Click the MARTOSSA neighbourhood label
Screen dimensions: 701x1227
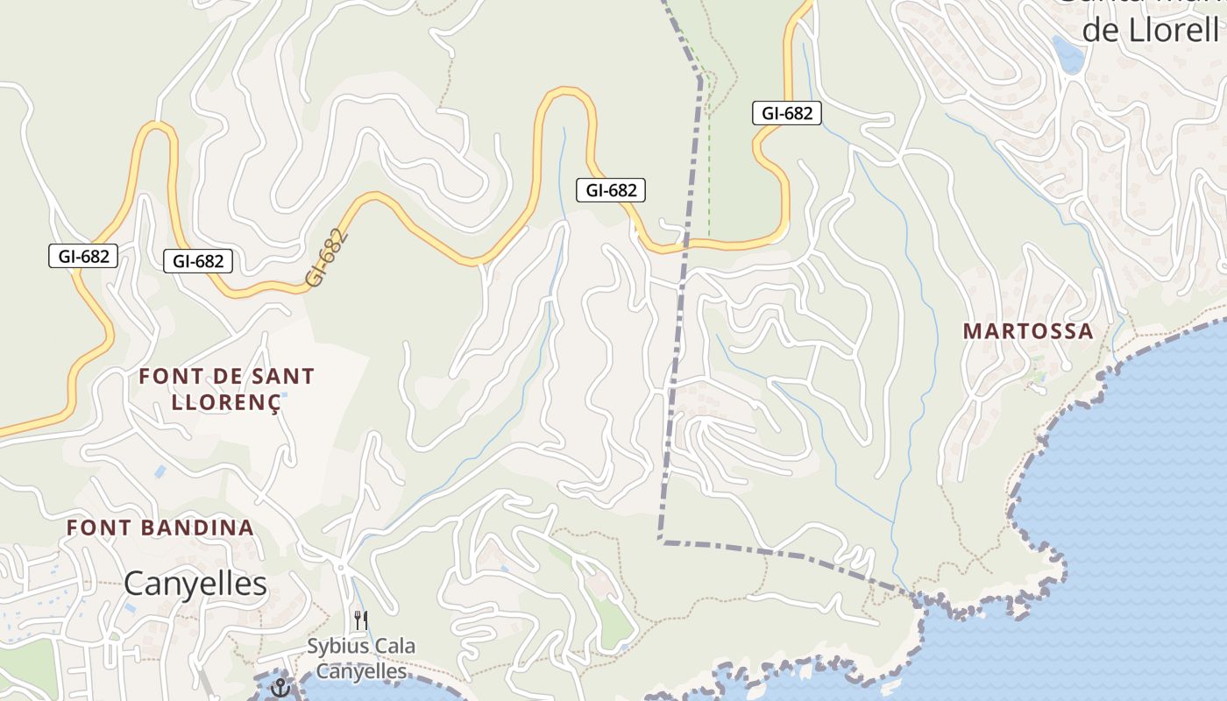coord(1028,331)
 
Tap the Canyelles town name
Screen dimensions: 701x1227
coord(195,583)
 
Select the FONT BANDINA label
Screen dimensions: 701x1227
coord(160,528)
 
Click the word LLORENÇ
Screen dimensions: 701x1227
coord(226,402)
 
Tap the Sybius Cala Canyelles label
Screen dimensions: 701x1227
coord(361,659)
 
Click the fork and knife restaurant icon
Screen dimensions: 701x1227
coord(360,619)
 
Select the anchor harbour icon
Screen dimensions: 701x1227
coord(280,687)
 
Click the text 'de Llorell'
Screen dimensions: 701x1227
coord(1150,30)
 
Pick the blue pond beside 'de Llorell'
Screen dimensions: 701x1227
coord(1068,54)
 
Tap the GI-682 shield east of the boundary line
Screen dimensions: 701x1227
coord(786,113)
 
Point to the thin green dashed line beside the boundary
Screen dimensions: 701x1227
coord(708,175)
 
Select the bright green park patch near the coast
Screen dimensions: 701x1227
coord(613,624)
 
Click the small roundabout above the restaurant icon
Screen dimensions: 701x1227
coord(342,568)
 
